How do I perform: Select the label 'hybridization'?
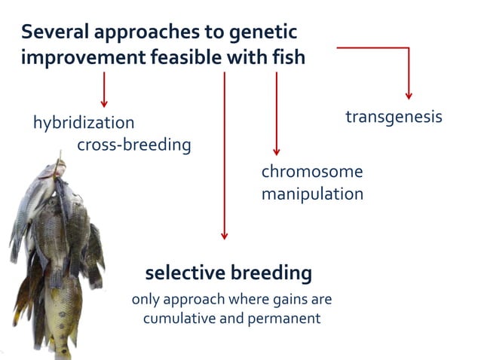pos(83,122)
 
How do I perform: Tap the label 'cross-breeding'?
pos(133,145)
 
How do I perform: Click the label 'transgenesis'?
pos(394,117)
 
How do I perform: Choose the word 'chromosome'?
pos(311,172)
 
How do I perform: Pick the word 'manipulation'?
pos(312,194)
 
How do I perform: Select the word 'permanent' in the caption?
pos(284,318)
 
